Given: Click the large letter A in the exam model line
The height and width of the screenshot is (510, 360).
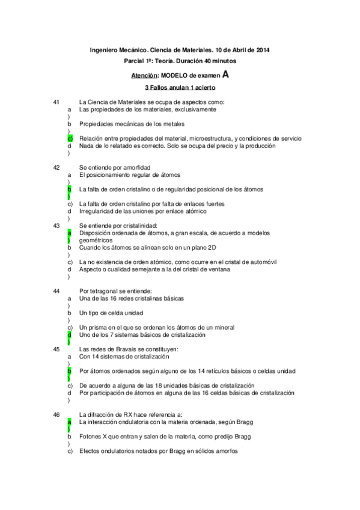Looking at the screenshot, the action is (x=225, y=75).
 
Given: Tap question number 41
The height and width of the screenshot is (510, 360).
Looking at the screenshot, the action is (x=56, y=103).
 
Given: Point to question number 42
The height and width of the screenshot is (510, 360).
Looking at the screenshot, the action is (x=56, y=167).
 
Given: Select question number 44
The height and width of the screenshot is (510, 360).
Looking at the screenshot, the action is (x=56, y=290).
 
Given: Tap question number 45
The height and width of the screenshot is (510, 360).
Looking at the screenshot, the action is (x=56, y=349).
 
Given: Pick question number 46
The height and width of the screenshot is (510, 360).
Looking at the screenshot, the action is (x=56, y=414).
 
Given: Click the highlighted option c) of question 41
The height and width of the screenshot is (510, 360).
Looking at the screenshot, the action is (x=70, y=138).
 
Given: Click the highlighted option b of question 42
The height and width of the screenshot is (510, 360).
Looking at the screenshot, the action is (x=70, y=189).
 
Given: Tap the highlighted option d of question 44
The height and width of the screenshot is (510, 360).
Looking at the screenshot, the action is (x=70, y=334).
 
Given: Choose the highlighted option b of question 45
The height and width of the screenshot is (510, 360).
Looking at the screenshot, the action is (x=70, y=372).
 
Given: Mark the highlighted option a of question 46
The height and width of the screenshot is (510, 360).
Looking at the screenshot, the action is (x=70, y=422).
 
